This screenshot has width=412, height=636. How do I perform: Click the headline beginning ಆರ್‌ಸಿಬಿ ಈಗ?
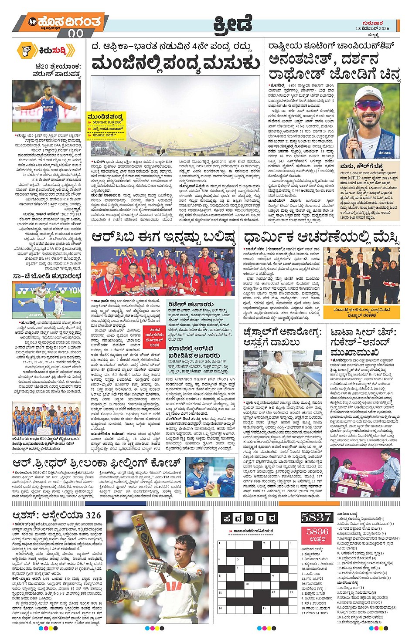pos(163,237)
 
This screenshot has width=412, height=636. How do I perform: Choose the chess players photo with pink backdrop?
pos(365,473)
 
